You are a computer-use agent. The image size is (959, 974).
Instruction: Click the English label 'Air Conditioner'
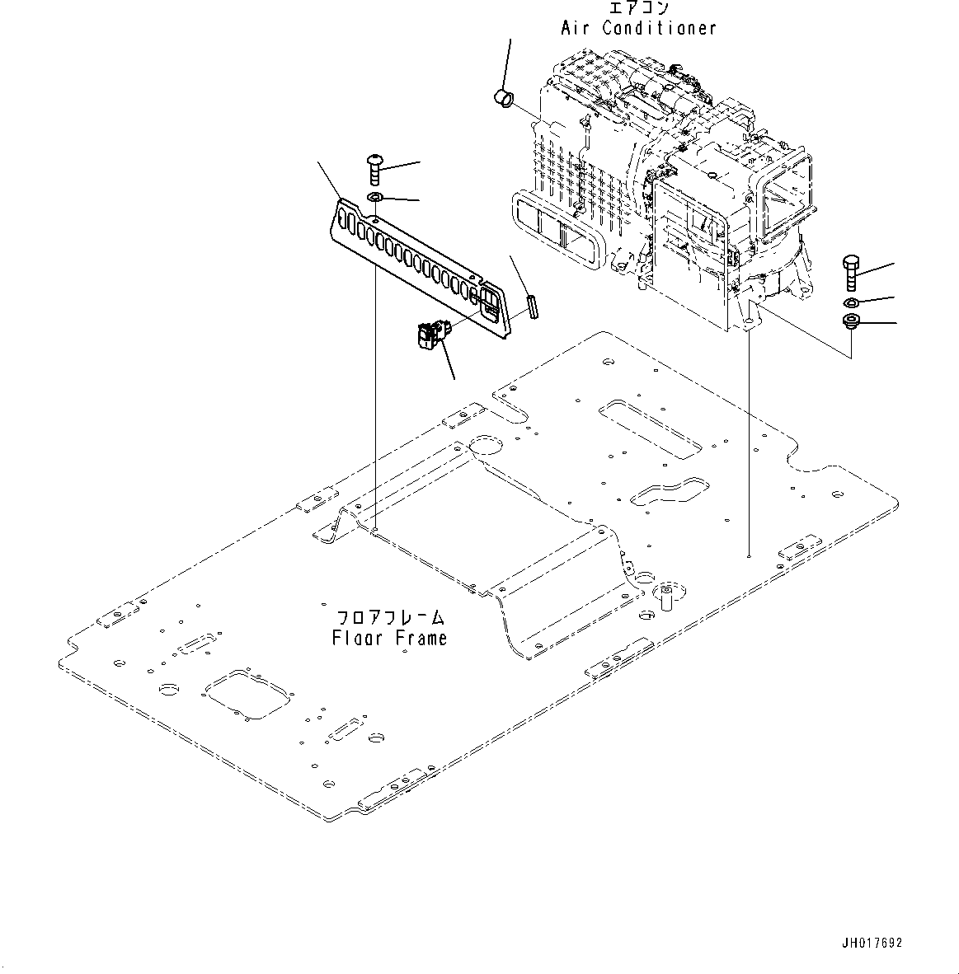coord(638,28)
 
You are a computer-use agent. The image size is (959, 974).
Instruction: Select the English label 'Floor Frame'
coord(390,638)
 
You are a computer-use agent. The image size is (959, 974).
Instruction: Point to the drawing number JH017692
coord(872,943)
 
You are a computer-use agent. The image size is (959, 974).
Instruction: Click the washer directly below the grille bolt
coord(374,198)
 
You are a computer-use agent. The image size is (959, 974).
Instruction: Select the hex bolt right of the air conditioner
coord(850,273)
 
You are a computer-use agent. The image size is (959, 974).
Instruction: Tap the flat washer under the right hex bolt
coord(850,302)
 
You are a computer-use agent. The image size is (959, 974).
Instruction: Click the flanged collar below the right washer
coord(850,322)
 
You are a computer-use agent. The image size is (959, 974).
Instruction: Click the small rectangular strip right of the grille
coord(532,307)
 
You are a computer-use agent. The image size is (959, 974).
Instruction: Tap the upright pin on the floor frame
coord(667,595)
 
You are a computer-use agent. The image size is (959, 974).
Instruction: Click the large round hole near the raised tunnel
coord(487,447)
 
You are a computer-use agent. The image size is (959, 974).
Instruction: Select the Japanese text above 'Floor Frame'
coord(391,617)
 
